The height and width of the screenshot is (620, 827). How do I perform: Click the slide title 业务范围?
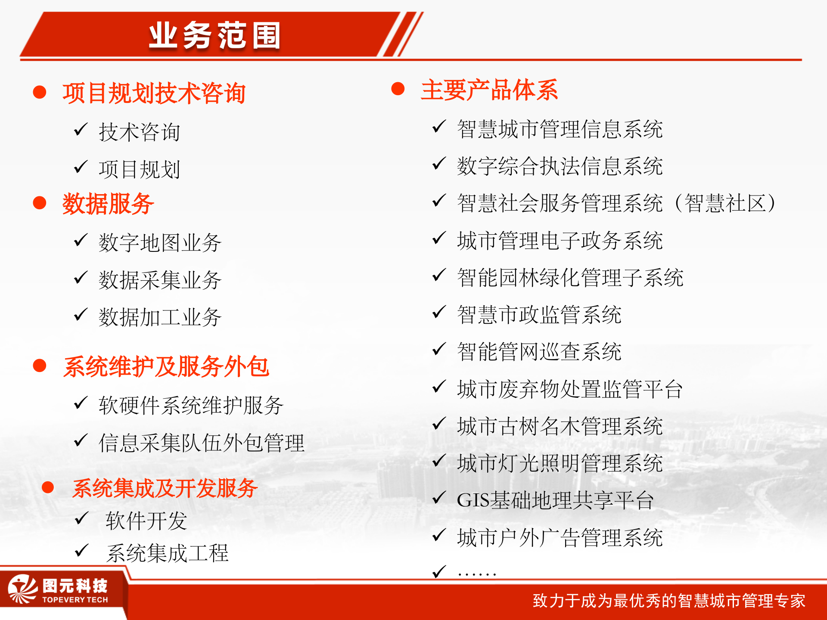click(215, 36)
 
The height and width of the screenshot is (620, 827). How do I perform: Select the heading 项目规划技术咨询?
click(154, 93)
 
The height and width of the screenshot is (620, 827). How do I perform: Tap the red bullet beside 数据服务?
click(40, 203)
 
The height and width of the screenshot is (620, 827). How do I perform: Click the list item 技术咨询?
click(139, 132)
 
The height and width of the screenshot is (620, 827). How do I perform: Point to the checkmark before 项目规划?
click(81, 167)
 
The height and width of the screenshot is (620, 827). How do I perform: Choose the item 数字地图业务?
click(160, 243)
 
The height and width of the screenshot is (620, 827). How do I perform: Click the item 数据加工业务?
click(160, 318)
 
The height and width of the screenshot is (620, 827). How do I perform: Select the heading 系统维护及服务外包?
click(166, 367)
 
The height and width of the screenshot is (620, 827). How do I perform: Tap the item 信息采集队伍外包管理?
click(202, 443)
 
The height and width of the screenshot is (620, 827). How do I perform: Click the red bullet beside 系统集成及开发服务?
click(48, 487)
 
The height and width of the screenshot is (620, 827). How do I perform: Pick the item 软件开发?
click(146, 521)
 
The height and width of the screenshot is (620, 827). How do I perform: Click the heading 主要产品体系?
click(489, 90)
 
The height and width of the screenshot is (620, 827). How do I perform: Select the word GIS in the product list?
click(473, 501)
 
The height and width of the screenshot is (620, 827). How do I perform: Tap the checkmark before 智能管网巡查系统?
click(438, 350)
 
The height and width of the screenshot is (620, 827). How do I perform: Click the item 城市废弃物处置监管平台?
click(569, 389)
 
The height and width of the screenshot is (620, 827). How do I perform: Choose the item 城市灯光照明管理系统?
click(560, 464)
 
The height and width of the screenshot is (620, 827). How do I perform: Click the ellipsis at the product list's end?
click(477, 573)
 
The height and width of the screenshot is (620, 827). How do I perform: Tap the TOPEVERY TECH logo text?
click(75, 600)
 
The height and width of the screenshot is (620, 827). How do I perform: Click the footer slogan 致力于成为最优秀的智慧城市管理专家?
click(668, 601)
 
